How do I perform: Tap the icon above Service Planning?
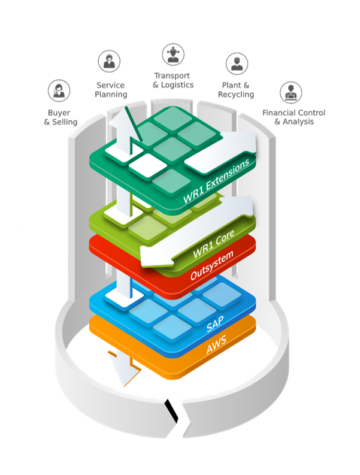pyautogui.click(x=110, y=61)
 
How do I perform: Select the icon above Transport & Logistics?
pyautogui.click(x=173, y=55)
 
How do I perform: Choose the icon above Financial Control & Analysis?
pyautogui.click(x=291, y=92)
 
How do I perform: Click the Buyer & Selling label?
pyautogui.click(x=60, y=117)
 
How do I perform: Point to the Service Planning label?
pyautogui.click(x=111, y=89)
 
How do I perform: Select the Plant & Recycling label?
pyautogui.click(x=236, y=90)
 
